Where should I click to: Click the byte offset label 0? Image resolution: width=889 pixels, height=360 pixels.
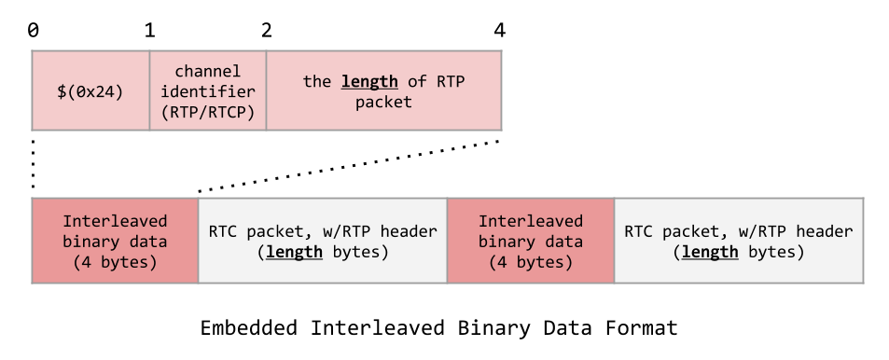pyautogui.click(x=34, y=30)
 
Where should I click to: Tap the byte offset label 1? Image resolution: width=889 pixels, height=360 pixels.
pyautogui.click(x=149, y=30)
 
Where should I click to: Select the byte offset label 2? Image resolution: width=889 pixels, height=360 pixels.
pyautogui.click(x=267, y=30)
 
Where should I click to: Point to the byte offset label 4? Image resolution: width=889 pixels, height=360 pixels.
pyautogui.click(x=500, y=30)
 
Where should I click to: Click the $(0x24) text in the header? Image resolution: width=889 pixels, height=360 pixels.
pyautogui.click(x=90, y=91)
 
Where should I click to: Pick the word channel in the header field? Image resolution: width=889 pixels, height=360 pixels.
pyautogui.click(x=208, y=71)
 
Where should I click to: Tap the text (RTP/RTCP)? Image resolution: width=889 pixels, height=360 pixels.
pyautogui.click(x=208, y=112)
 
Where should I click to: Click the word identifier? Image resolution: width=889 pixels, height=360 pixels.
pyautogui.click(x=208, y=91)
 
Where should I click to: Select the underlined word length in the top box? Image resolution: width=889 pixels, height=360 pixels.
pyautogui.click(x=369, y=81)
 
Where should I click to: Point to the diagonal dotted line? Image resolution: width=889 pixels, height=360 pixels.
pyautogui.click(x=350, y=167)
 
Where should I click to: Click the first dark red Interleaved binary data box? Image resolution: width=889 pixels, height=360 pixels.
pyautogui.click(x=115, y=241)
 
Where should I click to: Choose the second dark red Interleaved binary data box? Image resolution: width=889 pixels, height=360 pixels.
pyautogui.click(x=530, y=241)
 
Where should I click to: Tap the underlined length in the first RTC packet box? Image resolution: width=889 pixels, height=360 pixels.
pyautogui.click(x=295, y=252)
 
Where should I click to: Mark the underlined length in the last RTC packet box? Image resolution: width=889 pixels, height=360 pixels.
pyautogui.click(x=711, y=252)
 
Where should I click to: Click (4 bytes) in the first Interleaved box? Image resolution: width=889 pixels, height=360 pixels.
pyautogui.click(x=115, y=262)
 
